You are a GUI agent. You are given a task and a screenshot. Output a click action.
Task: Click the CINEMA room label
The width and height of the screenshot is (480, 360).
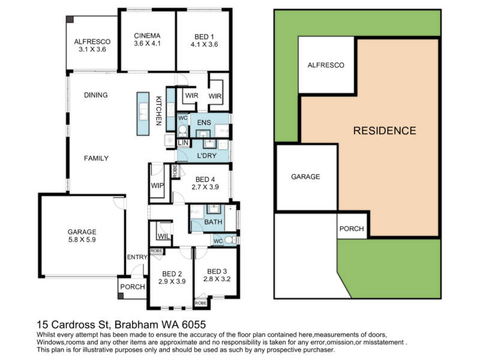(147, 35)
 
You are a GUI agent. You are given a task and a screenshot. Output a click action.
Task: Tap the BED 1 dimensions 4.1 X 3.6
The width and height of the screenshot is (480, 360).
(204, 44)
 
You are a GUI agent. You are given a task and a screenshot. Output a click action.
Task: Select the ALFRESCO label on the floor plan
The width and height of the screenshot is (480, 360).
(92, 41)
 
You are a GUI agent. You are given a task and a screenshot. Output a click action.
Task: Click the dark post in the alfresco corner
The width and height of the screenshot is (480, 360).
(70, 19)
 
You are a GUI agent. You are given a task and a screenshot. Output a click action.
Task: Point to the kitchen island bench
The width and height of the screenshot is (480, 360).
(143, 114)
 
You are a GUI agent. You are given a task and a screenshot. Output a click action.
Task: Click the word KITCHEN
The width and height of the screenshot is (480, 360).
(158, 111)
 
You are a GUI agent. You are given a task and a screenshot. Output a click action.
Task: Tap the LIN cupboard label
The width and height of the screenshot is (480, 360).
(183, 143)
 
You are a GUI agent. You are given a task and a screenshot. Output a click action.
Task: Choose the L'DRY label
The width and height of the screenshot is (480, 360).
(206, 155)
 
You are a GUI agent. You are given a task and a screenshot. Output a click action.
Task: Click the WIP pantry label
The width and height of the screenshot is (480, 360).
(157, 185)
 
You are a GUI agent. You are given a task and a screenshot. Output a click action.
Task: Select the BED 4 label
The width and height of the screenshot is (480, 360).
(205, 179)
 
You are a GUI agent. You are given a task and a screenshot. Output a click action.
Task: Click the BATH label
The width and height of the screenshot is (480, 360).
(213, 221)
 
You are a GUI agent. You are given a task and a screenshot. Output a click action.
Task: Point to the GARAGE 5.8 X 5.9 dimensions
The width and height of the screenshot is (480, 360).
(82, 239)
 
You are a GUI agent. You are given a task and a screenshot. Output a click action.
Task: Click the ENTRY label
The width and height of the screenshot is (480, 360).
(137, 257)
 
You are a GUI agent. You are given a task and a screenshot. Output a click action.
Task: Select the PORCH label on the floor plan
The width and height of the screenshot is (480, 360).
(132, 287)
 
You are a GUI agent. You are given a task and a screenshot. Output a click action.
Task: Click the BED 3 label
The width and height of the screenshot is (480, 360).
(217, 271)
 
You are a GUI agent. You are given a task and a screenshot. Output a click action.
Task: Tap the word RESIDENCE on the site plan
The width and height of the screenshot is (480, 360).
(385, 131)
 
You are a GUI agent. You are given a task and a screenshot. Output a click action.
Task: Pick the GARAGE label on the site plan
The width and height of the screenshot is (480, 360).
(305, 176)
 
